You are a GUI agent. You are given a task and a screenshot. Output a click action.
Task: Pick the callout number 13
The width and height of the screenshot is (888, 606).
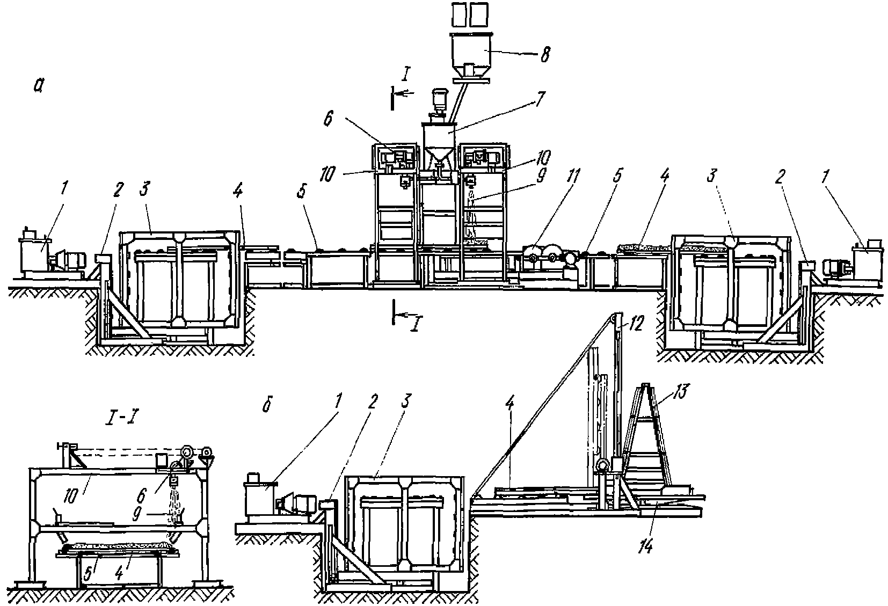point(681,391)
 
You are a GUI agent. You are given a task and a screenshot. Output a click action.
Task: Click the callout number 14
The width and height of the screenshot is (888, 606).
point(645,547)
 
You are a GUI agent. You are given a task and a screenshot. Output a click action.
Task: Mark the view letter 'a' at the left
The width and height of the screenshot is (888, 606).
point(39,85)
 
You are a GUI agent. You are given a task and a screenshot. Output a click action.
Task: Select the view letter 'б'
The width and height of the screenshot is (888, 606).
point(267,406)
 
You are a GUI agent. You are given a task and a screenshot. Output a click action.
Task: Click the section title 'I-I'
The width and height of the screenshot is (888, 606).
point(121,419)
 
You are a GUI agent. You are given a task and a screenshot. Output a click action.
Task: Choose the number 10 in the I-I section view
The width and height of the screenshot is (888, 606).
point(70,497)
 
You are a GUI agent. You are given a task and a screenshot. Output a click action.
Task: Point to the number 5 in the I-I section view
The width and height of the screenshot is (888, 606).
point(88,573)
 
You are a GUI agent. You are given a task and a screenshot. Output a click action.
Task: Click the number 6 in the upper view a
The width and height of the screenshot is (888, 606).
point(328,119)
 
